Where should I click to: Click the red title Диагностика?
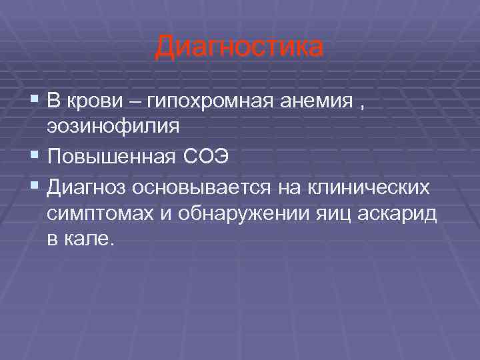coord(239,48)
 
